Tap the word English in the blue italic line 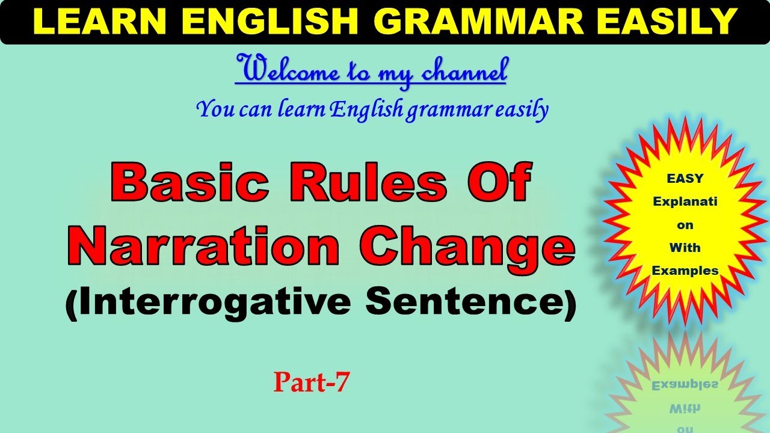[x=366, y=109]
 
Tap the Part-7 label [x=311, y=382]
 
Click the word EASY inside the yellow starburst [x=685, y=179]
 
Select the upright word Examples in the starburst [x=685, y=271]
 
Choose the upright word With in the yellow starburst [x=685, y=248]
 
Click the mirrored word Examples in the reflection [x=685, y=385]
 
